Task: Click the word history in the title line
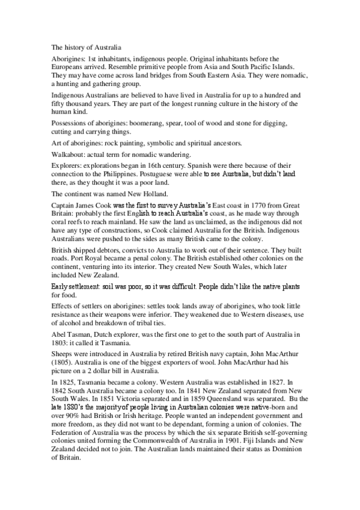[x=74, y=46]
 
